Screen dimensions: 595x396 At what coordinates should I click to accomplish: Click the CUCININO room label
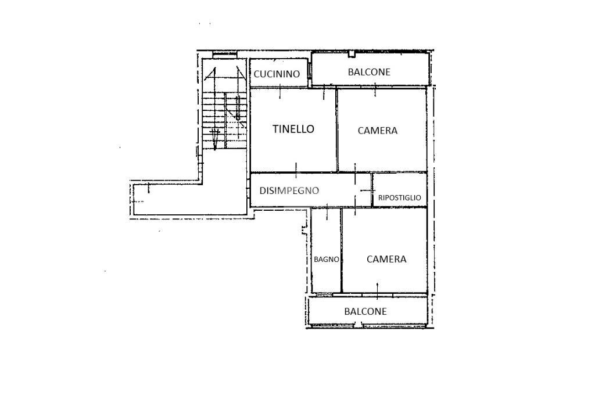(x=277, y=74)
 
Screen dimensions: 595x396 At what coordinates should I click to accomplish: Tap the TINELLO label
(x=293, y=129)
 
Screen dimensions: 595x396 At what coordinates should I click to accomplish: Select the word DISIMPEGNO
(x=289, y=190)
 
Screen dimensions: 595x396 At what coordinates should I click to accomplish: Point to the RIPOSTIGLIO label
(x=400, y=197)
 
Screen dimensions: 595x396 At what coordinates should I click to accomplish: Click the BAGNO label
(x=327, y=260)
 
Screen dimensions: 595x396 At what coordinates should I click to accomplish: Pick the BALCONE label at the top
(x=369, y=72)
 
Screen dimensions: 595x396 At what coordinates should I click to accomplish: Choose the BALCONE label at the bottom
(x=365, y=311)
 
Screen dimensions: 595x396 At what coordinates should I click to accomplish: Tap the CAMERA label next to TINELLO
(x=378, y=131)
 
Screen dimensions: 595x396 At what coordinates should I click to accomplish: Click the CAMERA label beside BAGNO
(x=386, y=259)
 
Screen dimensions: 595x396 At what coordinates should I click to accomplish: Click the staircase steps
(x=224, y=121)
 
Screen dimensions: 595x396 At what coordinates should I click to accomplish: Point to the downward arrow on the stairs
(x=215, y=138)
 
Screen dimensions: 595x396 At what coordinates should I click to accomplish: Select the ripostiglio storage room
(x=400, y=190)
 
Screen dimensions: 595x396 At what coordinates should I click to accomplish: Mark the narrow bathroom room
(x=326, y=250)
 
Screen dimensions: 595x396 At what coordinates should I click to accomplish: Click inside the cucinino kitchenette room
(x=278, y=73)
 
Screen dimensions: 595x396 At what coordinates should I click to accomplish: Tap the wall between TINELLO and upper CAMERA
(x=336, y=129)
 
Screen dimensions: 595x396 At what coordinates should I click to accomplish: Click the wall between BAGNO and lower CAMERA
(x=342, y=250)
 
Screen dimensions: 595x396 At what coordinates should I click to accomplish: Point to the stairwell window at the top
(x=225, y=55)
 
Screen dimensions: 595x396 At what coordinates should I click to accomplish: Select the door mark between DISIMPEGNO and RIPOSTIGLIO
(x=365, y=190)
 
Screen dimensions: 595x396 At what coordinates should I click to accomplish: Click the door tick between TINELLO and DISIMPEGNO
(x=296, y=171)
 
